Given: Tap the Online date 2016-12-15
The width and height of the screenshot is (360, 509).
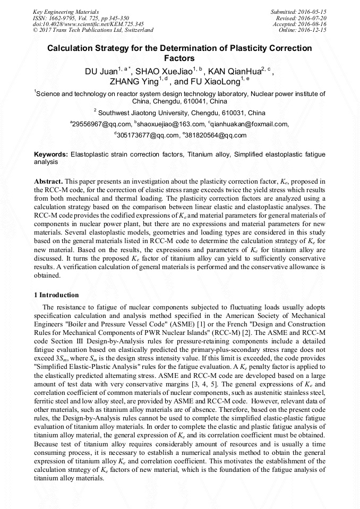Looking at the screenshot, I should coord(314,30).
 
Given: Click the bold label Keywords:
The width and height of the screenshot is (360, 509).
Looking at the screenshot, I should coord(51,154).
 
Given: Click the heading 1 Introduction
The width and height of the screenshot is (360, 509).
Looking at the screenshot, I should coord(56,295).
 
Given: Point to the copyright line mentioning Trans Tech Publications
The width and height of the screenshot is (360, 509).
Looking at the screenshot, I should coord(93,30).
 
